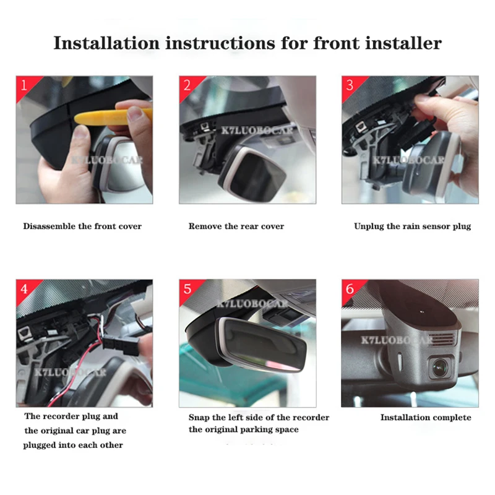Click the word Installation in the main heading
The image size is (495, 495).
[x=106, y=43]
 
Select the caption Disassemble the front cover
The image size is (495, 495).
[x=82, y=226]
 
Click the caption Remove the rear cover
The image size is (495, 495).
[x=236, y=226]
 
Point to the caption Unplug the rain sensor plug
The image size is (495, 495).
[x=412, y=226]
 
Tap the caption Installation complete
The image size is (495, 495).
[x=426, y=418]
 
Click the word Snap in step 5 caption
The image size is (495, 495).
[x=199, y=418]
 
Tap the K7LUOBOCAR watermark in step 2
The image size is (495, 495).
[x=257, y=131]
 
